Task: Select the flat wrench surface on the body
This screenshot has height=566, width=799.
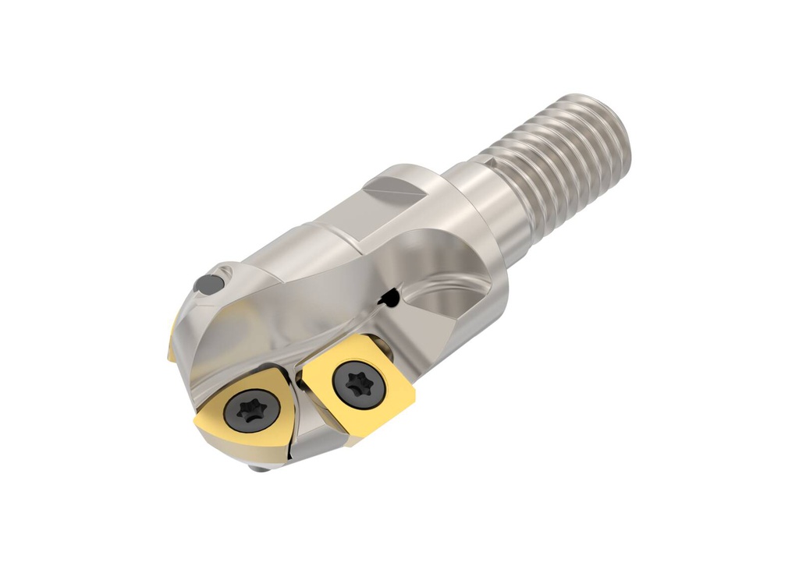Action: (394, 186)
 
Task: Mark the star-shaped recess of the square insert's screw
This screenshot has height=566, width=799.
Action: (351, 383)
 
